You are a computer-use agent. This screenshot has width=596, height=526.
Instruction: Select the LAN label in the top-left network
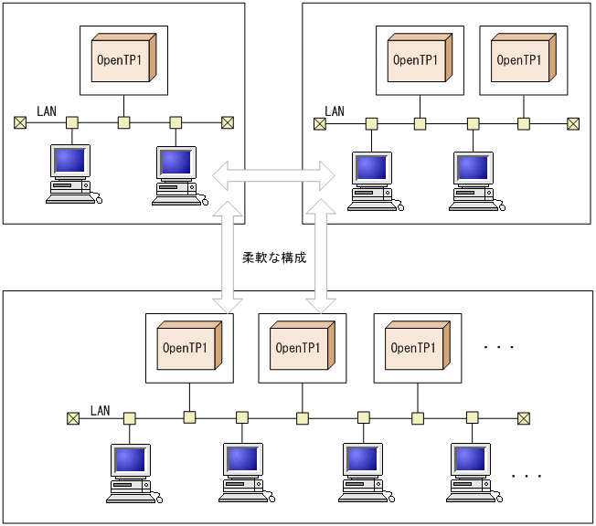point(47,111)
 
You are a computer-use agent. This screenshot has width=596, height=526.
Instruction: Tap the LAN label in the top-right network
point(335,111)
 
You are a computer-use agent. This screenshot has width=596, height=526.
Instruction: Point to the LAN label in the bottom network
point(100,410)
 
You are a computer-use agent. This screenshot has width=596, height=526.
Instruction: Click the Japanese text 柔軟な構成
point(273,258)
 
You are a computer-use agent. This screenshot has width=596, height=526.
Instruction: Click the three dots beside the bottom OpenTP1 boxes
point(499,348)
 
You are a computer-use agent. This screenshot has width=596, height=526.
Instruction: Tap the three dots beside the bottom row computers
point(527,476)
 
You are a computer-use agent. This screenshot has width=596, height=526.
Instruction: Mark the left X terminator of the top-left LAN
point(20,122)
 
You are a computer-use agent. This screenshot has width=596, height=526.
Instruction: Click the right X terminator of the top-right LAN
point(573,123)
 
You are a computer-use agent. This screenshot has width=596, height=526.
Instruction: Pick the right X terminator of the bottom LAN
point(524,418)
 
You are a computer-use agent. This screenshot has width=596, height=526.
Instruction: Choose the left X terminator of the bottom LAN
point(73,418)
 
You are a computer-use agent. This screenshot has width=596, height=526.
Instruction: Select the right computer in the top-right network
point(474,181)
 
